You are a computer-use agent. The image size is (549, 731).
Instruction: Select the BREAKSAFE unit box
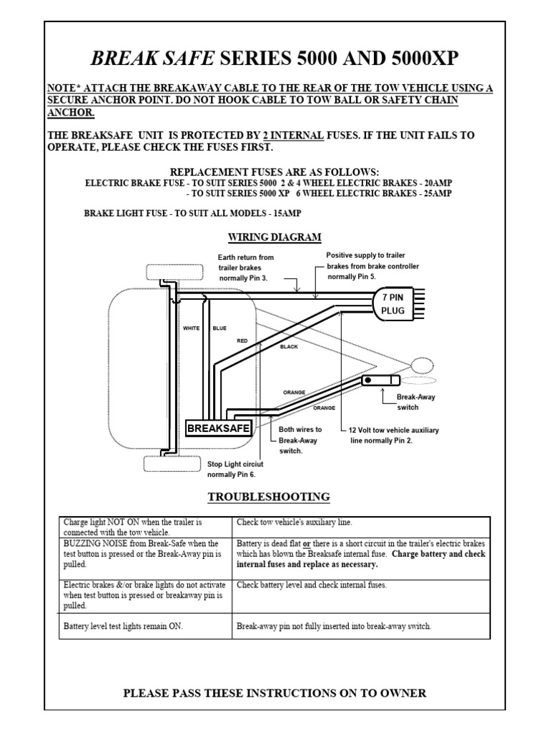(219, 428)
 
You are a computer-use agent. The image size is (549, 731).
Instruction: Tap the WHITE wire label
(192, 328)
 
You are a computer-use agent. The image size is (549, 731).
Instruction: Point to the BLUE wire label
(219, 328)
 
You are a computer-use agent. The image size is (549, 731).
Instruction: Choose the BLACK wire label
(289, 346)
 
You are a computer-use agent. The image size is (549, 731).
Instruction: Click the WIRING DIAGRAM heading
(274, 237)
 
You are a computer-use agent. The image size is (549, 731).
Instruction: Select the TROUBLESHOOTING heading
(269, 496)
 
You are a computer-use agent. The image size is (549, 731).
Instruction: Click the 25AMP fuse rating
(436, 193)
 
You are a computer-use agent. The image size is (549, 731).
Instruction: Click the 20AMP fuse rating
(436, 183)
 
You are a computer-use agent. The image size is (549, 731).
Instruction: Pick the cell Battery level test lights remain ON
(123, 626)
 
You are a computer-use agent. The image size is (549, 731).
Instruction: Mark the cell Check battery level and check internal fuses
(311, 585)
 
